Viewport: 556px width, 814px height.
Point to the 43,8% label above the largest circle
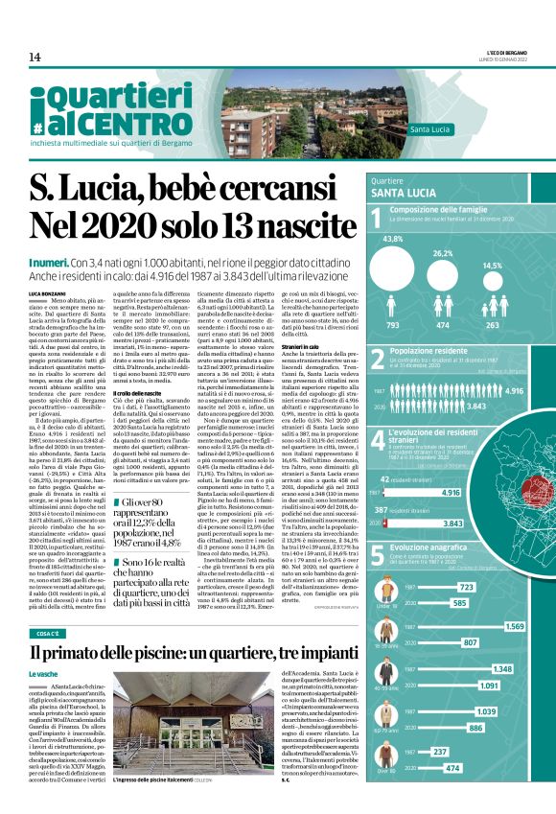[392, 239]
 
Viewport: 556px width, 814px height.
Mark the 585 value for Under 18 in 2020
[467, 602]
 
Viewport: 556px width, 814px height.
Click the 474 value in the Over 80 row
[453, 795]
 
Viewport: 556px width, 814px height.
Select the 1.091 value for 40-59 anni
[489, 686]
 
